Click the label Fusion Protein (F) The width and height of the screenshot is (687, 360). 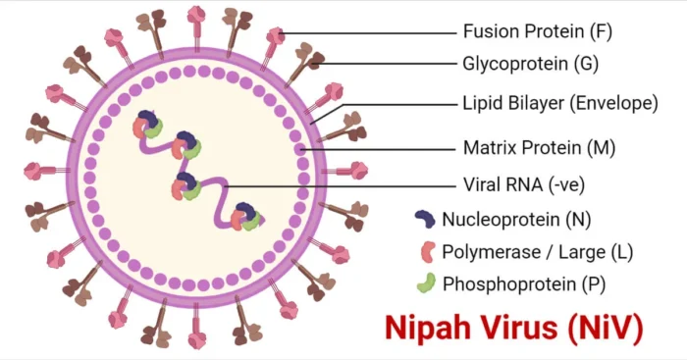pos(536,30)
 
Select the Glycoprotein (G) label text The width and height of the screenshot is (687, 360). pos(529,65)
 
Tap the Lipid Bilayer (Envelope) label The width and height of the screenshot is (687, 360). pos(559,102)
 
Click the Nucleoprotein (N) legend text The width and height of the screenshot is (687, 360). pos(517,219)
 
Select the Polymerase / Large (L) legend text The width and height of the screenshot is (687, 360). pos(538,252)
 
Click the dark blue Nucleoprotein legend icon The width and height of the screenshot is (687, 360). pos(425,219)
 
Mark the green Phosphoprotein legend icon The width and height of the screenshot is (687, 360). pos(426,284)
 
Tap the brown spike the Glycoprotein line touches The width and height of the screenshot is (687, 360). pos(312,61)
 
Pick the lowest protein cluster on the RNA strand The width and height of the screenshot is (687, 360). pos(245,216)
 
